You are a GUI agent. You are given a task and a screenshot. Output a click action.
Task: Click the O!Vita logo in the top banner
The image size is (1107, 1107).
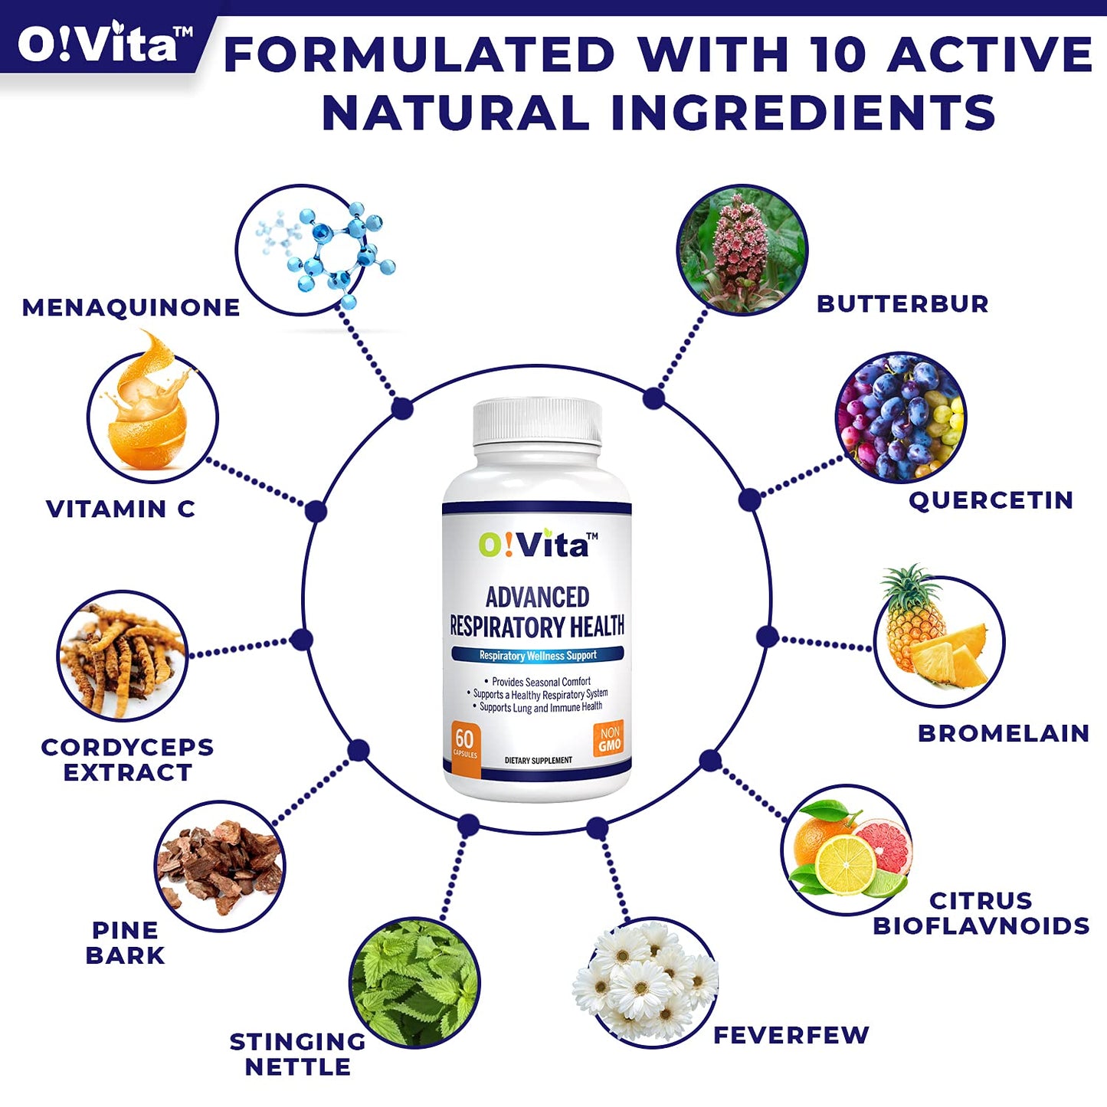point(104,43)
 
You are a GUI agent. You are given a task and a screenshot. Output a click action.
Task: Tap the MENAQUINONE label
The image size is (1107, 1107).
point(131,307)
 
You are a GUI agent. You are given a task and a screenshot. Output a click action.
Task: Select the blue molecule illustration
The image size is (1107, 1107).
point(326,249)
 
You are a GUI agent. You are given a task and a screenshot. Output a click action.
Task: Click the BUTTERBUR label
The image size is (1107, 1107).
point(902,303)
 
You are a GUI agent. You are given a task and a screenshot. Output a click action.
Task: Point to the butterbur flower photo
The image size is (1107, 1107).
point(742,250)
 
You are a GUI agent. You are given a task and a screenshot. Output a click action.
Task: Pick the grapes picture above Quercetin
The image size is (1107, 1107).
point(901,418)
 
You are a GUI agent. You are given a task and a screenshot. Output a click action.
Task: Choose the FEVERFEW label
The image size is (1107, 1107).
point(791,1035)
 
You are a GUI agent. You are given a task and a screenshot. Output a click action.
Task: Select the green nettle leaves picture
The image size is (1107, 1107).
point(414,983)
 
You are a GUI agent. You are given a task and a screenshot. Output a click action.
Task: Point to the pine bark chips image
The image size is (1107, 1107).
point(220,866)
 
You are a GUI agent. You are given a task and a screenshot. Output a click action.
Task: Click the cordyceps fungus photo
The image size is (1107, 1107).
point(123,656)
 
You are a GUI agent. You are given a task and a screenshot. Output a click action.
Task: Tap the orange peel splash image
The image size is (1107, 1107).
point(151,414)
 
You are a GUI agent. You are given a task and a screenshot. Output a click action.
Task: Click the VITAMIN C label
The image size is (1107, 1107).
point(120,509)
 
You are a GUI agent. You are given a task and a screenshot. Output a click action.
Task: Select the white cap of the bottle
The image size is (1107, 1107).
point(537,421)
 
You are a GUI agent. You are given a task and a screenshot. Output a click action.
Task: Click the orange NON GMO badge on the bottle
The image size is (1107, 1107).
point(609,739)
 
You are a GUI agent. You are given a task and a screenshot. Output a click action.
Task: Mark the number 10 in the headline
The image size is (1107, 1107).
point(840,55)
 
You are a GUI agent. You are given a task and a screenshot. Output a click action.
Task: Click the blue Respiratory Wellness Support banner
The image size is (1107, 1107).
point(538,655)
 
